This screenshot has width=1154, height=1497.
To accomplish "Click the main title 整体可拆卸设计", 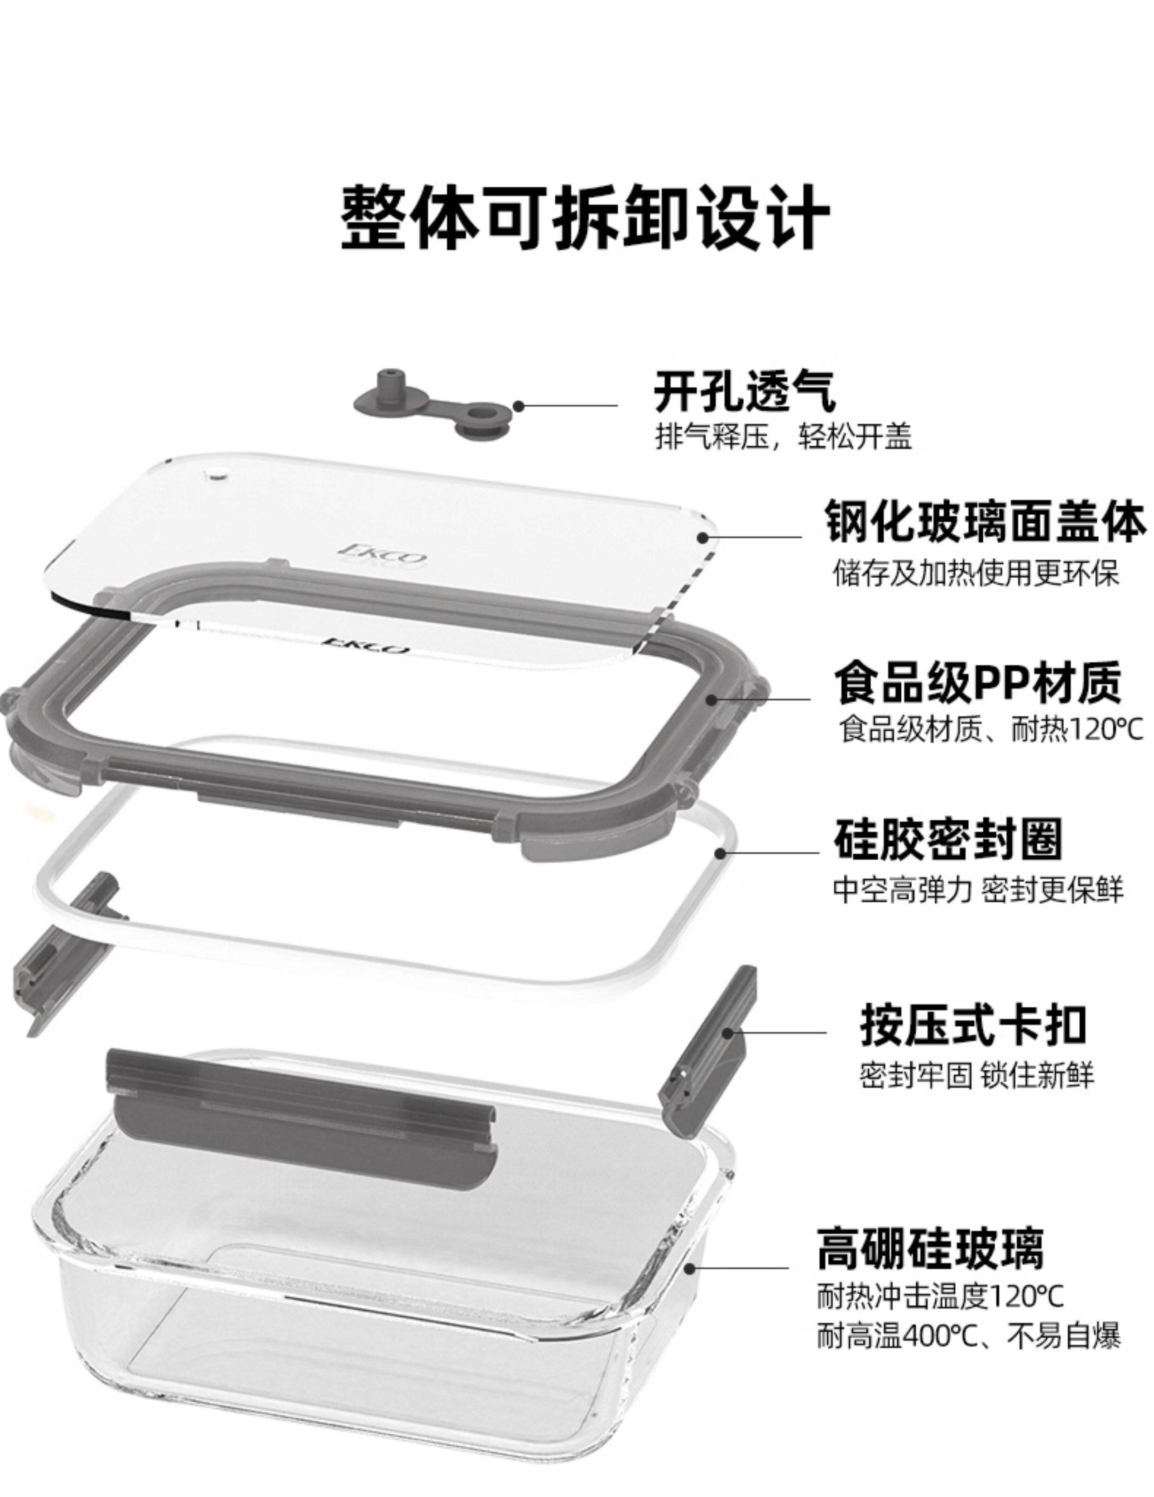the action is (x=585, y=218).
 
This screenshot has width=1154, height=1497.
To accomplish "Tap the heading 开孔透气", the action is (x=744, y=392).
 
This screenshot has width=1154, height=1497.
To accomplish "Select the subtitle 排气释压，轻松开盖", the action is (x=783, y=436).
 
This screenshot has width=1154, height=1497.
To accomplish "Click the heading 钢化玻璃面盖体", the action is (x=985, y=522).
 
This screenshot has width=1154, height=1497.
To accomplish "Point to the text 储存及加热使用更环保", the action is (x=975, y=573).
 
